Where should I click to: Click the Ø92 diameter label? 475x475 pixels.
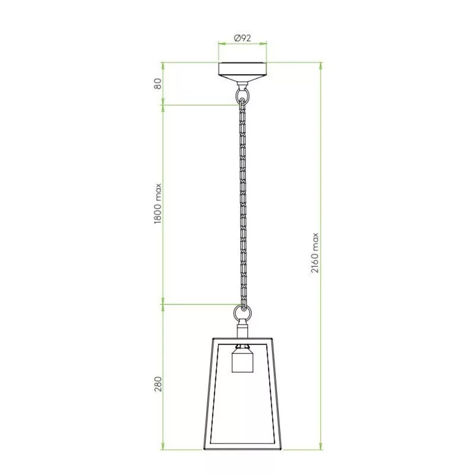coord(242,38)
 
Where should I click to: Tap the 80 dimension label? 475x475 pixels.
coord(158,84)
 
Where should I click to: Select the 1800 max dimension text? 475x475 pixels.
coord(158,204)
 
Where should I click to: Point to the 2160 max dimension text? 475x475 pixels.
coord(315,253)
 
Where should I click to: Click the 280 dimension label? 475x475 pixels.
coord(158,384)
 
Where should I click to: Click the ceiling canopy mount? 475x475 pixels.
coord(242,72)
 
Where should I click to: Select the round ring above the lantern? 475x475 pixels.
coord(242,312)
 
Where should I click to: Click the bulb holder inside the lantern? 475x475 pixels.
coord(242,359)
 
